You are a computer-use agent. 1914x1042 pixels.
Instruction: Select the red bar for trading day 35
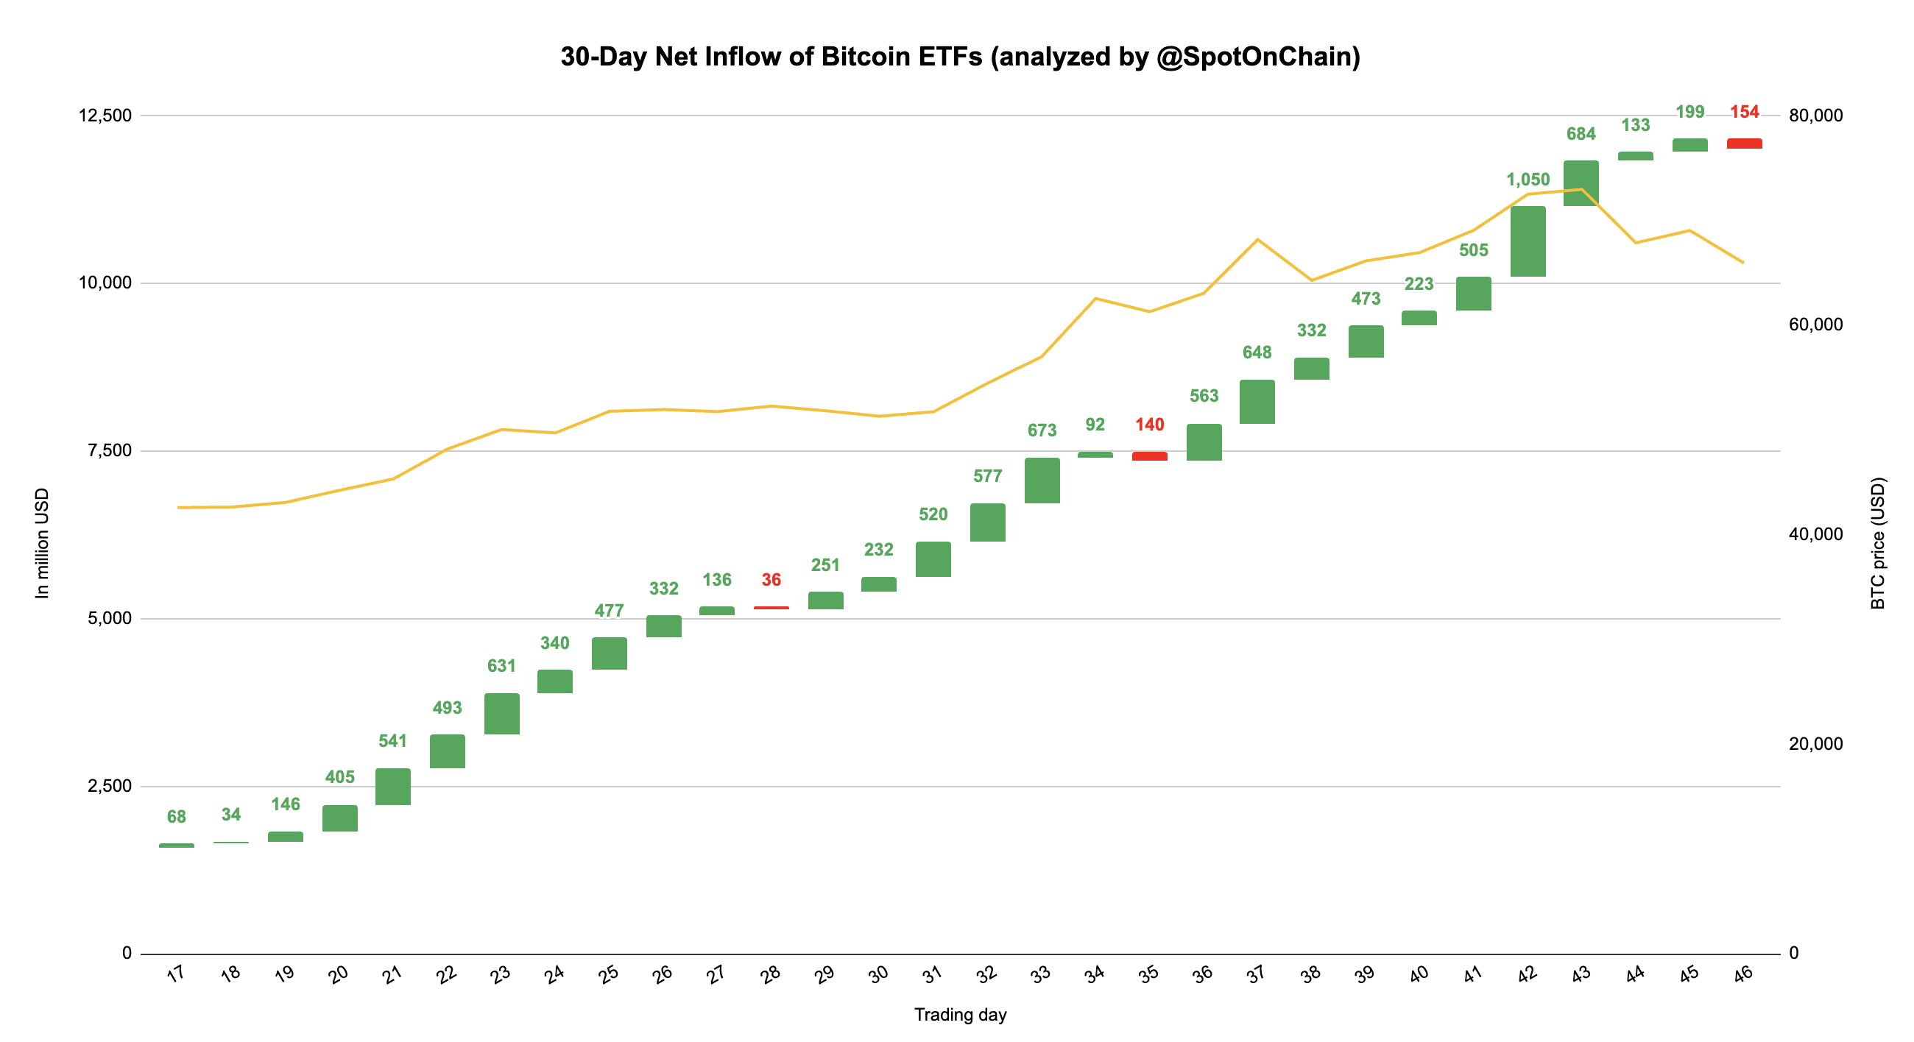[x=1148, y=456]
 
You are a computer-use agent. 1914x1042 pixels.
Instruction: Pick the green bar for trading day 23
[x=501, y=713]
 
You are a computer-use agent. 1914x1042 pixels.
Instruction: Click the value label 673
[x=1041, y=430]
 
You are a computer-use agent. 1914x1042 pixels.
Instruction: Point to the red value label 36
[x=771, y=579]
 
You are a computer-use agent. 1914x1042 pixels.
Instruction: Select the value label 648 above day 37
[x=1257, y=352]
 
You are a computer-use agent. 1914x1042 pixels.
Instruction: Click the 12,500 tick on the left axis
[x=105, y=115]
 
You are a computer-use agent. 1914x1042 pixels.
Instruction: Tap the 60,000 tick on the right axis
[x=1815, y=325]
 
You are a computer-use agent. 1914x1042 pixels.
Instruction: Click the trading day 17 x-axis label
[x=175, y=974]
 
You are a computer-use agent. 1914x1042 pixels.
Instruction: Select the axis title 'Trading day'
[x=959, y=1015]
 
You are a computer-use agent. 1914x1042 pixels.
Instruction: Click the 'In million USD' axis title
[x=43, y=542]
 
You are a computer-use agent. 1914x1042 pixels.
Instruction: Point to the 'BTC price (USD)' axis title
[x=1878, y=542]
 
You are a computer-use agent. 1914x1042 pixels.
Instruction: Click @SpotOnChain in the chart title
[x=1257, y=57]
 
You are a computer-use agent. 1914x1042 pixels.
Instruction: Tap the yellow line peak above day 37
[x=1257, y=239]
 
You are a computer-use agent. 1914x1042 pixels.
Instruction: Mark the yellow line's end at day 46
[x=1743, y=262]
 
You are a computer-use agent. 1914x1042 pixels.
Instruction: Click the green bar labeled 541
[x=392, y=786]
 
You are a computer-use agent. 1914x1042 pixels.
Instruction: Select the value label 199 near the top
[x=1689, y=112]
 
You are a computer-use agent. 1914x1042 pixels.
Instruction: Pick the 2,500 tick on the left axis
[x=109, y=786]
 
